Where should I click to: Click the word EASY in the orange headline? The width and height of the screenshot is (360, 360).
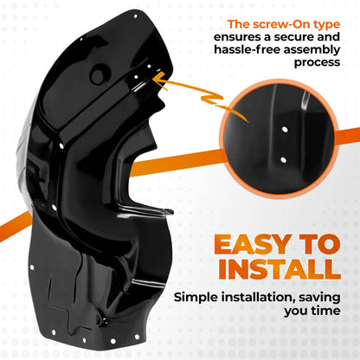(253, 244)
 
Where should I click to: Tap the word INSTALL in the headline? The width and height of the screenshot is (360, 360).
(280, 269)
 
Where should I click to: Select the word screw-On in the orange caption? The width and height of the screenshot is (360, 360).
(278, 24)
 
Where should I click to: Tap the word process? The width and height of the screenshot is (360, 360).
(317, 63)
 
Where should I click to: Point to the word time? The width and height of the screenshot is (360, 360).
(326, 311)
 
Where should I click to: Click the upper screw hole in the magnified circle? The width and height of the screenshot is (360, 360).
(285, 130)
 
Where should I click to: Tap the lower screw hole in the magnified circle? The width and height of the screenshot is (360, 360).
(283, 159)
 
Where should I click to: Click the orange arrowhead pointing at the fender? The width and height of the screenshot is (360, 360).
(158, 80)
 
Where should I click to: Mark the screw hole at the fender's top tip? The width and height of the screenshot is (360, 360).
(136, 16)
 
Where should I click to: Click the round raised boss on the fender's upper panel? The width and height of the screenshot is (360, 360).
(98, 74)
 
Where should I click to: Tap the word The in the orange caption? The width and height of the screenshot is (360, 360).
(238, 24)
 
